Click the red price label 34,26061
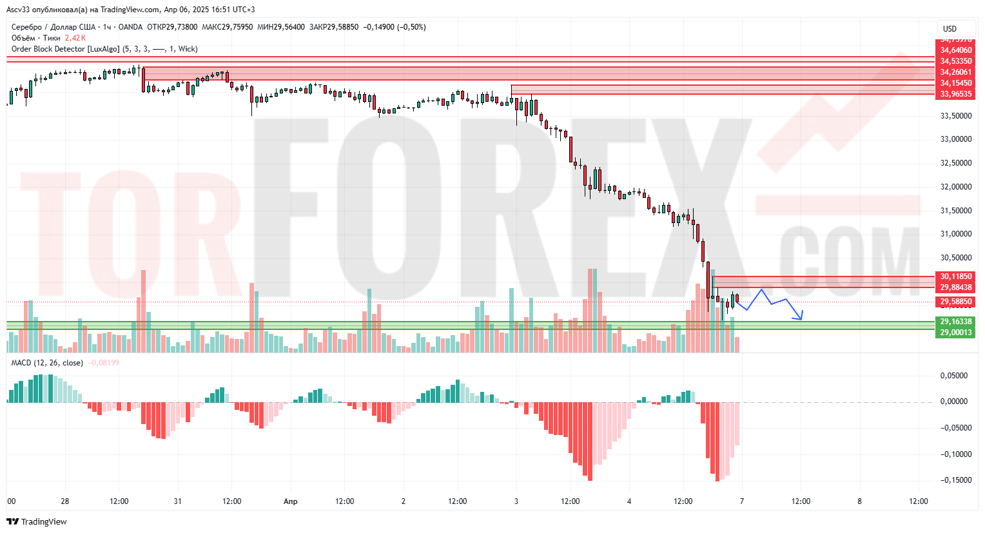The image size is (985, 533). coord(955,72)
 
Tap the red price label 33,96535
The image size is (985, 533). coord(955,94)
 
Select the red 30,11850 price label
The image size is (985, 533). coord(955,276)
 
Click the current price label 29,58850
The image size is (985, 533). coord(955,302)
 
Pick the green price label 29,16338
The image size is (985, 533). coord(955,322)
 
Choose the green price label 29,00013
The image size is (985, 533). coord(955,333)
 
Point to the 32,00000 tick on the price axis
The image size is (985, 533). coord(956,187)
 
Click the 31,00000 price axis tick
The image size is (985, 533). coord(956,234)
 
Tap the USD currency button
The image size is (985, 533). coord(950,29)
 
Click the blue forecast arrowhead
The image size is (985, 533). coord(801,318)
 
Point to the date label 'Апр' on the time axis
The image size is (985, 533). coord(291,501)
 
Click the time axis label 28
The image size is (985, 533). coord(65,501)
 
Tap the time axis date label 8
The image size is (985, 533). coord(859,501)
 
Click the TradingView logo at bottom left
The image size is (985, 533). coord(37,521)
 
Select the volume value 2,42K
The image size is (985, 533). coord(75,38)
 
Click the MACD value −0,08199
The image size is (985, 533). coord(104,363)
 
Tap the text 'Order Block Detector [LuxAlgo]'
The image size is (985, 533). coord(65,49)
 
